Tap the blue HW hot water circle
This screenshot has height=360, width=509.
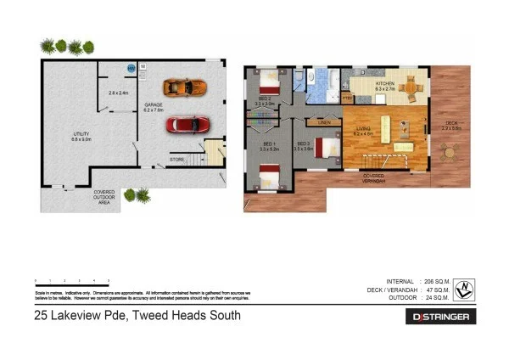pos(131,68)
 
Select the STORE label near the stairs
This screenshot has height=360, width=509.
pos(176,159)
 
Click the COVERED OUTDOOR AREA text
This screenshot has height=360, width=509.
pos(105,196)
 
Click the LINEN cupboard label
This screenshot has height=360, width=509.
pos(324,123)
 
